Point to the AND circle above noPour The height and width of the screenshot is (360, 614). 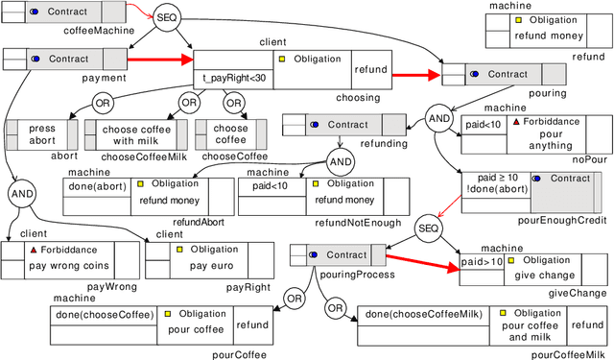pos(438,118)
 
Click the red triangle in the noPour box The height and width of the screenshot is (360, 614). pos(516,123)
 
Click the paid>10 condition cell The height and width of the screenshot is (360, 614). pos(482,261)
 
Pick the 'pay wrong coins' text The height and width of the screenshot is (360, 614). pos(69,266)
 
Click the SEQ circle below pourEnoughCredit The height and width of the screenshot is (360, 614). pos(427,228)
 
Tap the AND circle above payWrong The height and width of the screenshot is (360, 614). pos(20,194)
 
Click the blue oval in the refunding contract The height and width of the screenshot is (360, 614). pos(314,125)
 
